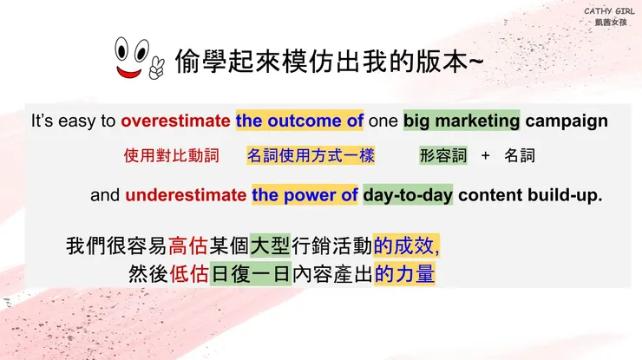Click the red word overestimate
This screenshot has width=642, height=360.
click(x=176, y=121)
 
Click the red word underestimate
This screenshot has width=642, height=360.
click(x=186, y=195)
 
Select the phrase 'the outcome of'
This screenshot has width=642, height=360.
click(x=299, y=121)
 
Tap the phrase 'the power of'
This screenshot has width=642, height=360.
click(x=305, y=195)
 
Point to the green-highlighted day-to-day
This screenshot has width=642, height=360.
click(x=408, y=195)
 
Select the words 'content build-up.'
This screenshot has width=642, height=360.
click(x=530, y=195)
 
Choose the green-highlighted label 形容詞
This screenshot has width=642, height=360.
click(x=443, y=156)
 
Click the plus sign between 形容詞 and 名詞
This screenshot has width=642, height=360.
click(x=486, y=156)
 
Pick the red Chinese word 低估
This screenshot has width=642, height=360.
click(x=189, y=274)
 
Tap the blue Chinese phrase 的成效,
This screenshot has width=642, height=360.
click(x=407, y=245)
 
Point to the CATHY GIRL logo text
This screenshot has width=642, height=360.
click(x=609, y=11)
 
